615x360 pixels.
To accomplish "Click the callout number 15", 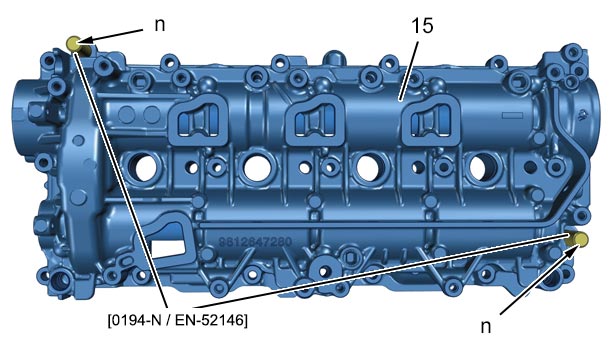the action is click(x=422, y=26).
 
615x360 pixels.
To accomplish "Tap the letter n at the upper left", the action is click(x=160, y=25).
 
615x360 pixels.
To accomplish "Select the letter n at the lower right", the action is click(x=486, y=326).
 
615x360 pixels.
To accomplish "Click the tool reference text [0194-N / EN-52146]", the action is click(x=178, y=320).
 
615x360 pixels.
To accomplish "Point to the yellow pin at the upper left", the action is click(x=73, y=42).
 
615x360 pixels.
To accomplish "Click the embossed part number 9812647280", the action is click(x=255, y=242).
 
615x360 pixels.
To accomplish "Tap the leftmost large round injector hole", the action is click(x=146, y=168).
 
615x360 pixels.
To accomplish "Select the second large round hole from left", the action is click(x=257, y=168).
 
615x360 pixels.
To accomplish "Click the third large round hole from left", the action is click(x=368, y=167).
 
